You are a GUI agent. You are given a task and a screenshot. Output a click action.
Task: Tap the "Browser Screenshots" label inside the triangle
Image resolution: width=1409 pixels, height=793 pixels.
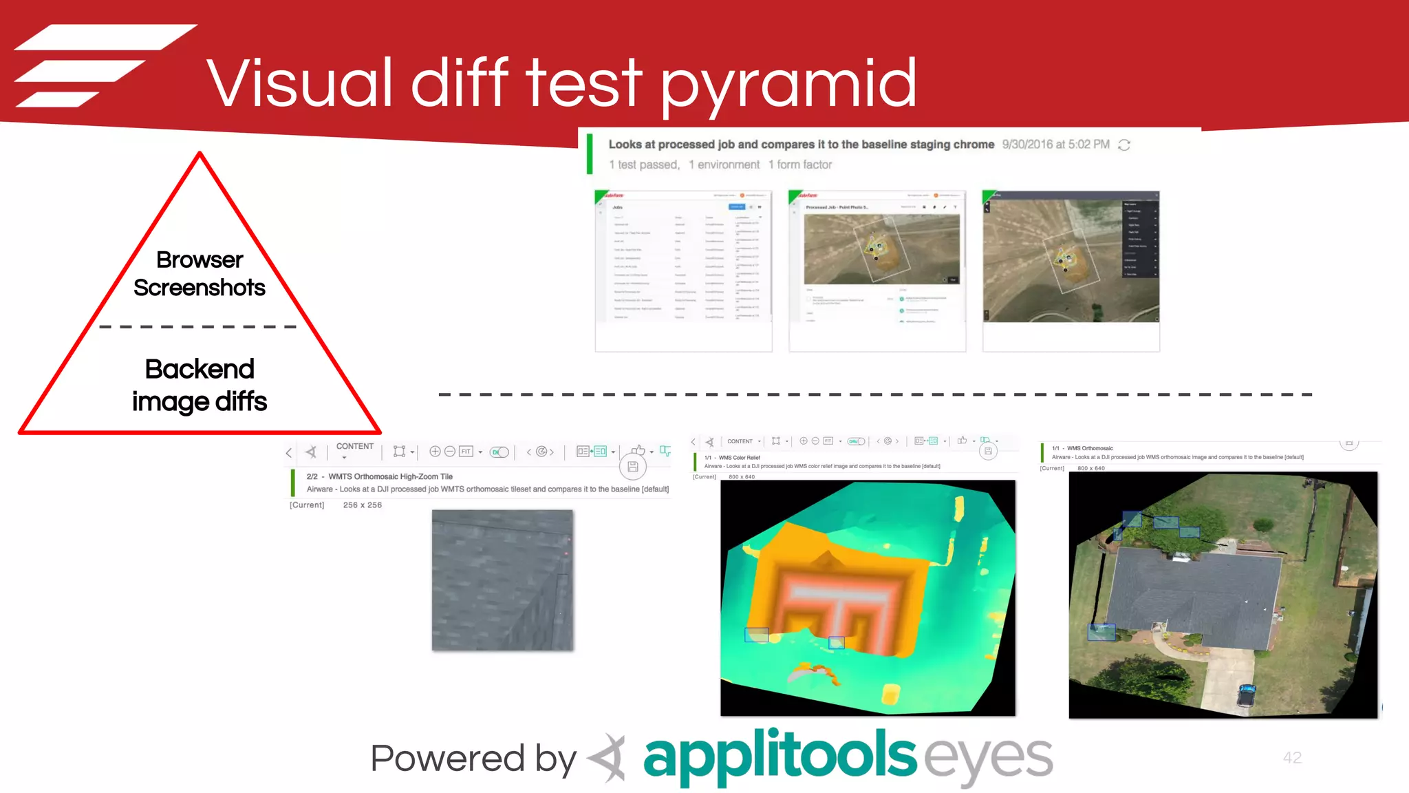(x=200, y=273)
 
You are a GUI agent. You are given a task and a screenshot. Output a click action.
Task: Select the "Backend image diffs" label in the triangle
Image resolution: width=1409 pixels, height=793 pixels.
(x=200, y=385)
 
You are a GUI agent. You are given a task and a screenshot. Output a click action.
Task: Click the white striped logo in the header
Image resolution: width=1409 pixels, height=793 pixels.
(x=103, y=65)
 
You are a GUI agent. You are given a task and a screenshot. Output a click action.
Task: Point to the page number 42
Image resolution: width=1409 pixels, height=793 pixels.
(x=1292, y=757)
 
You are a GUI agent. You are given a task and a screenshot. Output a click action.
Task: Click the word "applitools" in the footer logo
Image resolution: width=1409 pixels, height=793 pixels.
(x=779, y=756)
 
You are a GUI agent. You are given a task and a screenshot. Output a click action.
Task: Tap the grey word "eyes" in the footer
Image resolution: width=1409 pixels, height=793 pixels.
(x=988, y=757)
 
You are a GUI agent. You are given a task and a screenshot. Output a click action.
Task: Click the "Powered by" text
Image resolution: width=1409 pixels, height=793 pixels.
(x=473, y=759)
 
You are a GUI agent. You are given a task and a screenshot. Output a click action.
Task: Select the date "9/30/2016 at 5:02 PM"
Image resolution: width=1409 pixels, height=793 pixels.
(x=1055, y=145)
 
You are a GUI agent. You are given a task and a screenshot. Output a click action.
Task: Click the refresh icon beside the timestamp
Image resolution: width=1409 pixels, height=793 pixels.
(x=1124, y=145)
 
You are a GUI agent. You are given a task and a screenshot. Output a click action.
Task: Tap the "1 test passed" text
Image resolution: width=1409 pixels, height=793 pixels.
(x=644, y=165)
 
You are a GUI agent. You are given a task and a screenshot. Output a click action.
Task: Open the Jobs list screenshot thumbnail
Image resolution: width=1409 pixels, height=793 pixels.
(x=683, y=271)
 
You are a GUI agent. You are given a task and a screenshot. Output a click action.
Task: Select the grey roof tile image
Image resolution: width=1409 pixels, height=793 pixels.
(x=502, y=580)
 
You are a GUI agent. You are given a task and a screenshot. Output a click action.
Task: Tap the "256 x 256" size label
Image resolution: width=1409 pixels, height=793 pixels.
(x=362, y=505)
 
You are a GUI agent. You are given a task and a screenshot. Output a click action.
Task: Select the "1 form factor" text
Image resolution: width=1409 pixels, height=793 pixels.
(x=800, y=165)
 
